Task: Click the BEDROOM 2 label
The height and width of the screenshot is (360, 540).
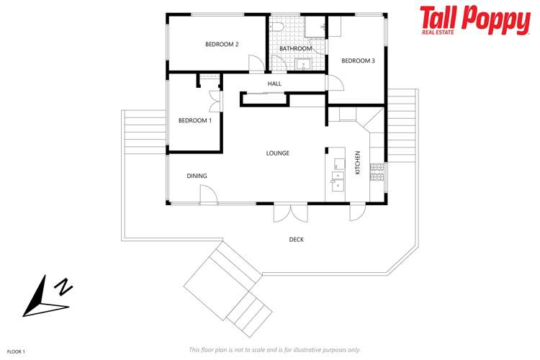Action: tap(222, 45)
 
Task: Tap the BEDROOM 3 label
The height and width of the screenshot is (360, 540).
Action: tap(358, 61)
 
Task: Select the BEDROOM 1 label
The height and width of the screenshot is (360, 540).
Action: tap(195, 120)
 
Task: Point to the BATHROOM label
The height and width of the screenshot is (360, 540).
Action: tap(296, 49)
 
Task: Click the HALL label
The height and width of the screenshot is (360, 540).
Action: tap(274, 84)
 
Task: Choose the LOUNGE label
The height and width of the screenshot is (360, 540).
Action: tap(278, 153)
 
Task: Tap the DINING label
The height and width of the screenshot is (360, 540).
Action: tap(197, 176)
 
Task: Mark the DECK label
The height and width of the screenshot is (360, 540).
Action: tap(296, 240)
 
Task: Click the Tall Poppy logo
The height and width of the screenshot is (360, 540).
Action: tap(474, 20)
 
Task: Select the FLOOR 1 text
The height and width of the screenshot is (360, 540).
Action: tap(16, 351)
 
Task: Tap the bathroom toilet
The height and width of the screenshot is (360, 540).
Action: tap(278, 27)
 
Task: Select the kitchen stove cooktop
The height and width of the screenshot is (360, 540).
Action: tap(377, 172)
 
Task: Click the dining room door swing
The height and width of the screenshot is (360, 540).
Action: tap(208, 194)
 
